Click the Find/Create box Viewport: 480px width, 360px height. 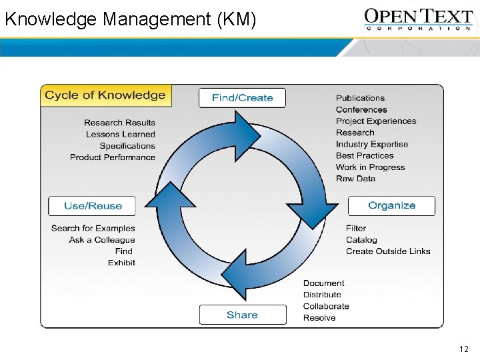pos(242,97)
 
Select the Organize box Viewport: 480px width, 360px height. pos(391,205)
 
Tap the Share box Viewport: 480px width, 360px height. pos(242,315)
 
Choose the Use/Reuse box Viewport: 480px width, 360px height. pos(92,206)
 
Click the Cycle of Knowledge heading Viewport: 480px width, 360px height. pos(105,95)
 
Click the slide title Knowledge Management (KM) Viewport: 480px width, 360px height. pos(130,19)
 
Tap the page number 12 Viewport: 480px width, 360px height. pos(464,349)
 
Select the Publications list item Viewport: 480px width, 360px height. pos(360,98)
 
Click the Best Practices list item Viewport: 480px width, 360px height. pos(365,155)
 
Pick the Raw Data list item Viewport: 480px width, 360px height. pos(355,179)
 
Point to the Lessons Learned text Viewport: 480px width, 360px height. pos(120,134)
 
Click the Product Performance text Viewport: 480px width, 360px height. pos(113,157)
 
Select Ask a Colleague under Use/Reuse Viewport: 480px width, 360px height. pos(102,240)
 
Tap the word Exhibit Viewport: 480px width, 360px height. pos(121,263)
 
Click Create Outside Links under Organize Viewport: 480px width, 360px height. pos(388,251)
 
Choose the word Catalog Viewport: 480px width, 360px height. pos(361,240)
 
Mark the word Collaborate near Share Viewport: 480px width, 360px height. pos(326,306)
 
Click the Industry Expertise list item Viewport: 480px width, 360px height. pos(372,144)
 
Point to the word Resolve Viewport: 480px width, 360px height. pos(319,318)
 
